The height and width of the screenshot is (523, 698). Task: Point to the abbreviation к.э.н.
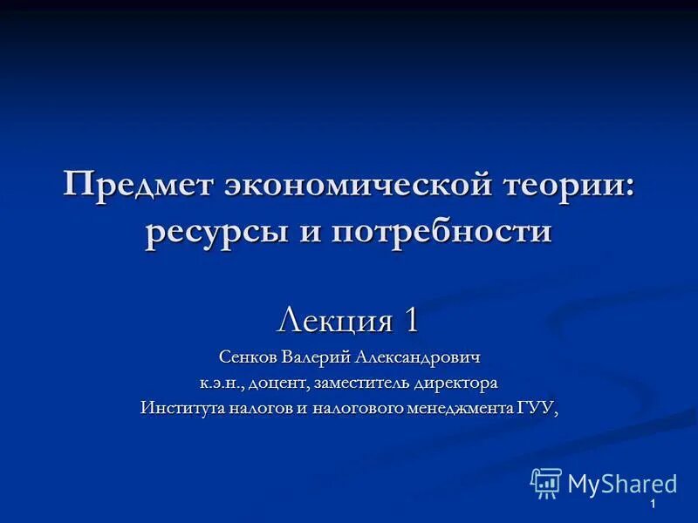pyautogui.click(x=222, y=383)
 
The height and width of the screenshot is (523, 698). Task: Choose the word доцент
pyautogui.click(x=278, y=383)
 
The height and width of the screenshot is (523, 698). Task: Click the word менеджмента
pyautogui.click(x=460, y=408)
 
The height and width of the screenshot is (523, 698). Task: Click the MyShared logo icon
pyautogui.click(x=546, y=483)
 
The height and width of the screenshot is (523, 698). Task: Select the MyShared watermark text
pyautogui.click(x=622, y=484)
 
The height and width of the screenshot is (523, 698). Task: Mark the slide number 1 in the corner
pyautogui.click(x=652, y=506)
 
